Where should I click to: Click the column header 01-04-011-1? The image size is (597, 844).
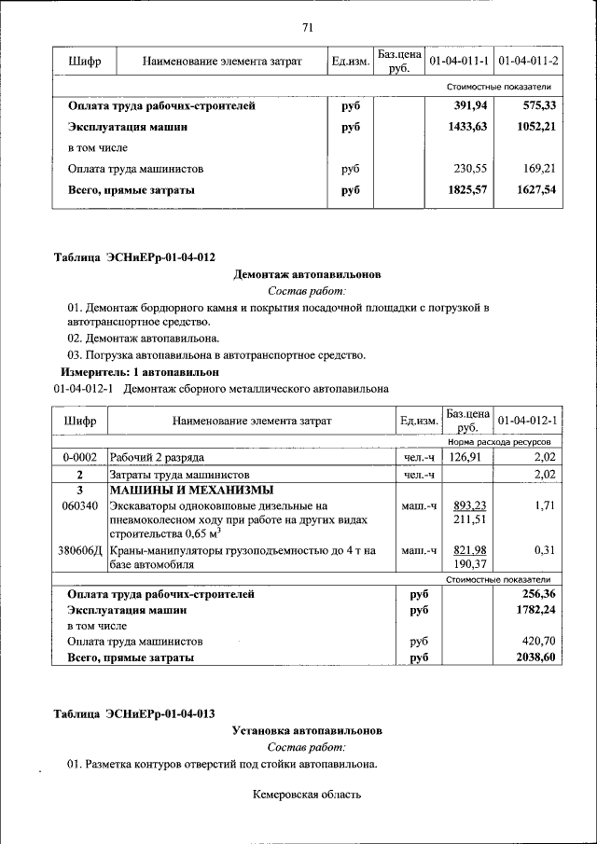click(457, 62)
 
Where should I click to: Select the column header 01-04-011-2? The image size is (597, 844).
click(528, 62)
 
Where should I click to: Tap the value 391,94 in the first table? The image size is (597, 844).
click(469, 106)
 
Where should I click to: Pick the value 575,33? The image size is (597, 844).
click(538, 106)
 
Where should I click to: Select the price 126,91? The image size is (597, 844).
click(468, 457)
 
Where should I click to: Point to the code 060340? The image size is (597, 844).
click(80, 505)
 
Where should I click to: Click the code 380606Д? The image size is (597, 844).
click(80, 551)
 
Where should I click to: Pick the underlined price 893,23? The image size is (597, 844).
click(468, 505)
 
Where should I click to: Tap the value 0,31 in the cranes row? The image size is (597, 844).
click(545, 551)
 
